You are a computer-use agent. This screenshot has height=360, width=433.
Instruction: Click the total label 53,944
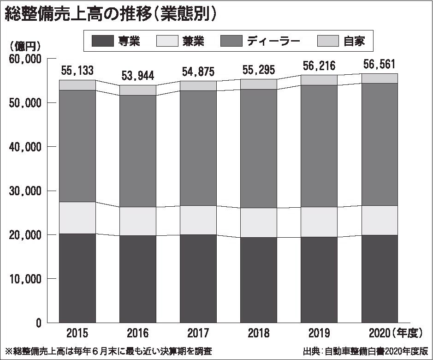[x=137, y=75]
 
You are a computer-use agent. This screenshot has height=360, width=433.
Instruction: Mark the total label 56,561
[x=380, y=64]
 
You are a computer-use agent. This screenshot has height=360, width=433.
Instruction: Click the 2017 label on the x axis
[x=198, y=333]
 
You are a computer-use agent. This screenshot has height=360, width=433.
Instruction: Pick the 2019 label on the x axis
[x=319, y=333]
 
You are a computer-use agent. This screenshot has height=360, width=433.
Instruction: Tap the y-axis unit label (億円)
[x=25, y=46]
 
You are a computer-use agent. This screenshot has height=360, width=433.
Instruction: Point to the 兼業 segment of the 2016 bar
[x=137, y=221]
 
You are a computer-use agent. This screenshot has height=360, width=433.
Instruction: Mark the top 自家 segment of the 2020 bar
[x=380, y=78]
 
